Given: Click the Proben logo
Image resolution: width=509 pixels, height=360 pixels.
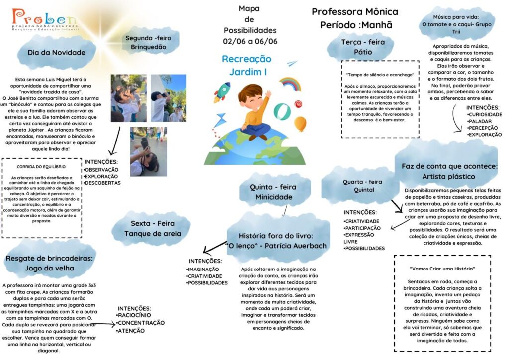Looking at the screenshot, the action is (45, 19).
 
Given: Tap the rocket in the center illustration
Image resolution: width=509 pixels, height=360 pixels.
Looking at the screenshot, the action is (222, 92).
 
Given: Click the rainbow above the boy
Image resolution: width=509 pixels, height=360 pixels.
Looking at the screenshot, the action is (290, 84).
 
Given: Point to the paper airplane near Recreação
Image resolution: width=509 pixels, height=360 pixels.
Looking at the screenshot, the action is (292, 63).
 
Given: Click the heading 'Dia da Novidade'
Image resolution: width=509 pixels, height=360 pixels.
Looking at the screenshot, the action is (57, 53).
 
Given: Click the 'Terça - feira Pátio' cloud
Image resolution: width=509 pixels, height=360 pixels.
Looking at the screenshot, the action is (363, 47).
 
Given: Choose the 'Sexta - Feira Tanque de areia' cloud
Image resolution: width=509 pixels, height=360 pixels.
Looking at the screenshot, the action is (153, 229).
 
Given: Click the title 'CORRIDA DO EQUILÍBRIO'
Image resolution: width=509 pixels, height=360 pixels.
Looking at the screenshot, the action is (41, 167).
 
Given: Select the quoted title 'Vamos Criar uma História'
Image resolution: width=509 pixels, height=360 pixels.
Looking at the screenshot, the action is (442, 269).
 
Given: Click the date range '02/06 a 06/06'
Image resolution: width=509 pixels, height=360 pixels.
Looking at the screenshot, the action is (250, 41).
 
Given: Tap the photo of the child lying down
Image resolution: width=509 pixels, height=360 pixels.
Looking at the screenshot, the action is (148, 152).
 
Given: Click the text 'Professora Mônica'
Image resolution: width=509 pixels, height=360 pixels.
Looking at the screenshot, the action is (355, 12).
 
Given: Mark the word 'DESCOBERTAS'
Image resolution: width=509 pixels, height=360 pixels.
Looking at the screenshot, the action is (102, 183).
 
